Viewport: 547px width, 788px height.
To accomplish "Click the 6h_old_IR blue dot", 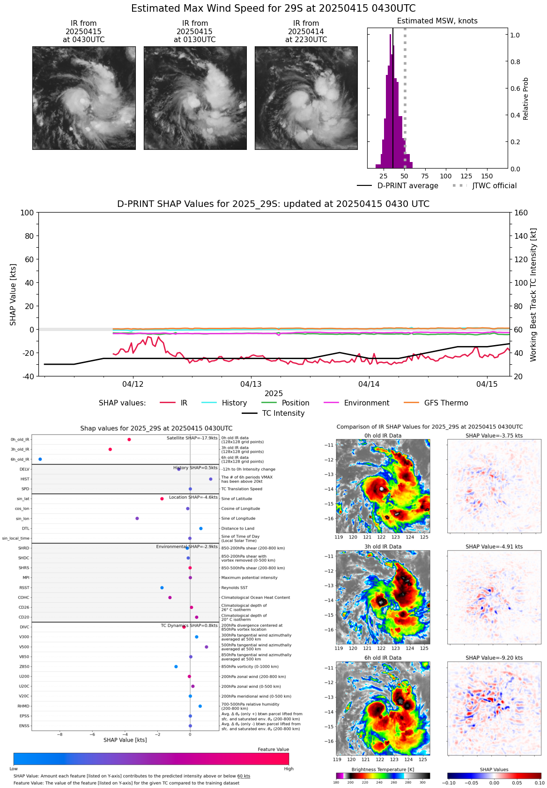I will coord(40,459).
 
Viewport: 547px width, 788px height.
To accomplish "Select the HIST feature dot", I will coord(211,479).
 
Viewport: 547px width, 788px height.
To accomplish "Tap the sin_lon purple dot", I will coord(137,518).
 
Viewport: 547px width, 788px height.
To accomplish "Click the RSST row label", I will coord(24,588).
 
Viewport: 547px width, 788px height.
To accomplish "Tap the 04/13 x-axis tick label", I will coord(251,384).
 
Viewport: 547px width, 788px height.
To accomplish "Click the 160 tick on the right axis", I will coord(521,213).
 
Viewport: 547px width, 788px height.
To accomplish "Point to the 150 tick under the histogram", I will coord(487,176).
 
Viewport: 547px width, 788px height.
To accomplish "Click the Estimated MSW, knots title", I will coord(437,21).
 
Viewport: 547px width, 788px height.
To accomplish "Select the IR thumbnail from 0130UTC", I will coord(195,98).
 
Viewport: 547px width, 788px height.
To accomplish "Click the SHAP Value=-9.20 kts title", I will coord(494,658).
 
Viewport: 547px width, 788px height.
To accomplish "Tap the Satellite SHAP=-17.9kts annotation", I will coord(192,438).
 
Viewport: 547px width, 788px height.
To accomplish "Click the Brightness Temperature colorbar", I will coord(383,776).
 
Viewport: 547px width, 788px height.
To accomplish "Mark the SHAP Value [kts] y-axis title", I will coord(13,295).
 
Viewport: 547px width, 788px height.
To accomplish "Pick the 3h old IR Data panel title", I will coord(383,546).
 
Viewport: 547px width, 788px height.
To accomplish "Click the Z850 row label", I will coord(24,667).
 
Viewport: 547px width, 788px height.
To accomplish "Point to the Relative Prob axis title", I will coord(525,98).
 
